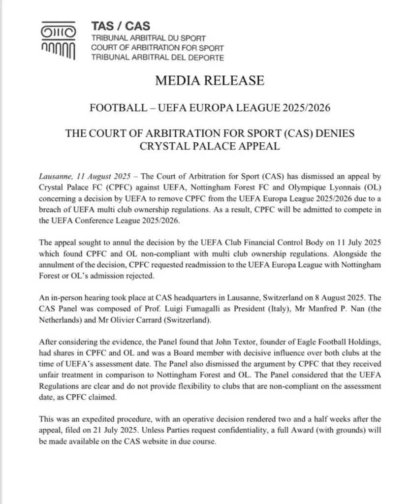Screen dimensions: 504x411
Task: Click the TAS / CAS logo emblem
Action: tap(57, 42)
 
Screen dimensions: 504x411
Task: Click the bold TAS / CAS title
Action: tap(121, 26)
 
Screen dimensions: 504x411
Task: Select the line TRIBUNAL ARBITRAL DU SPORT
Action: tap(149, 38)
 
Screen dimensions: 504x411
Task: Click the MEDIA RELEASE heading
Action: tap(210, 80)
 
